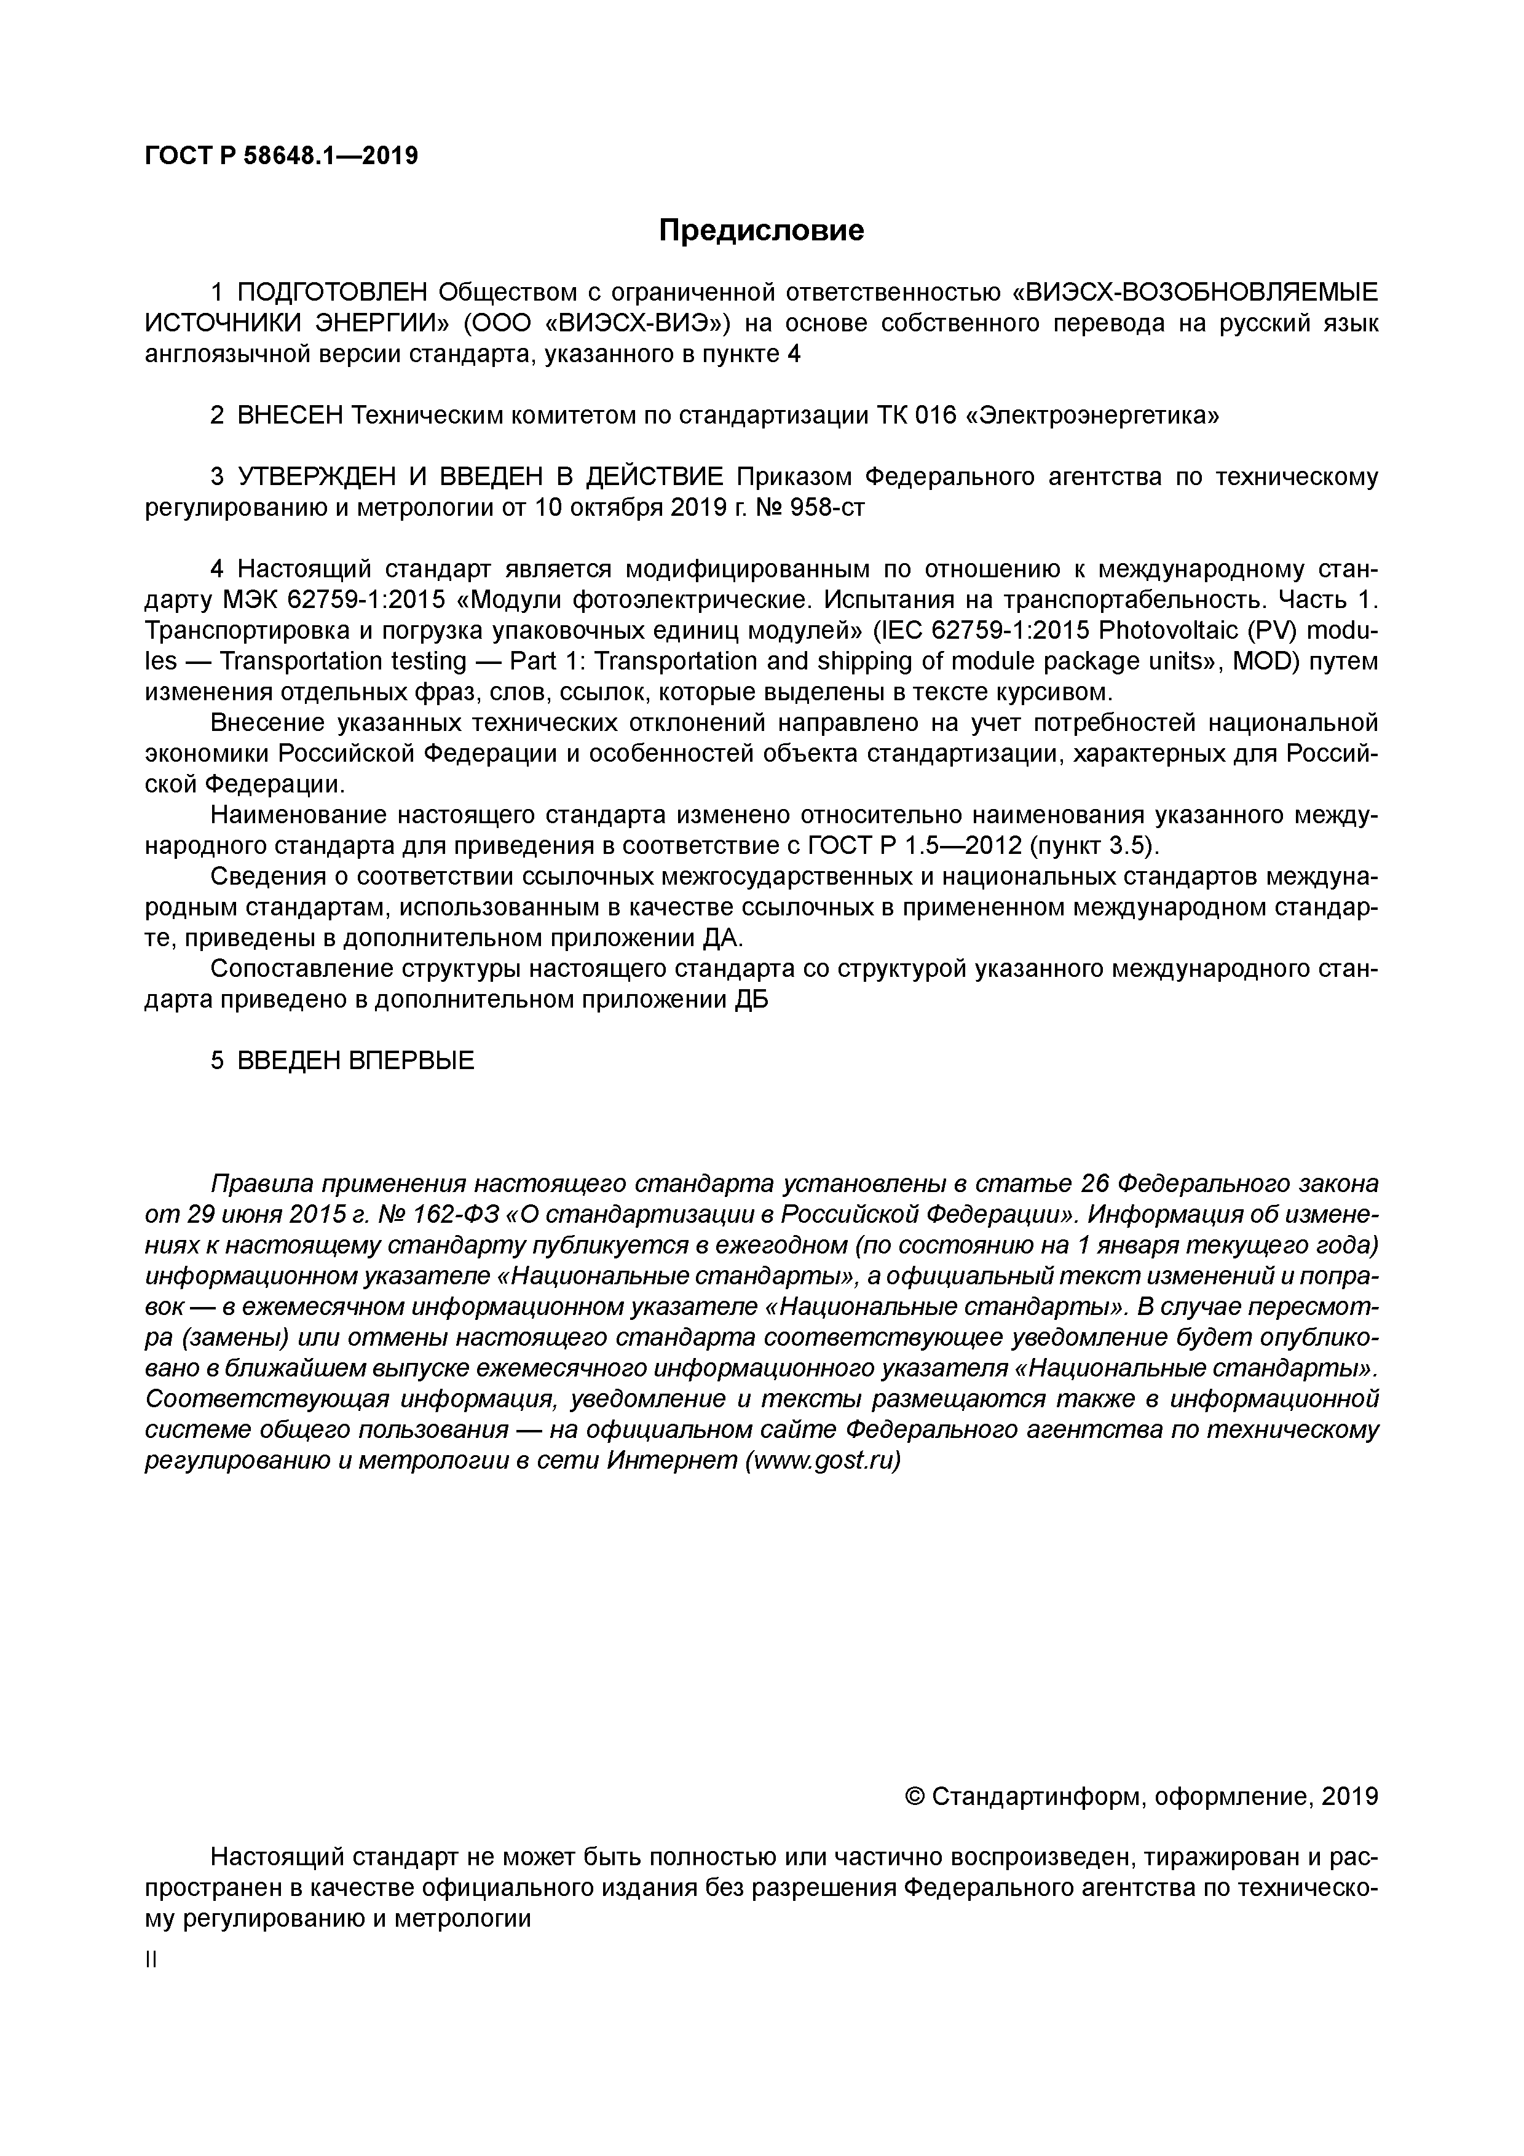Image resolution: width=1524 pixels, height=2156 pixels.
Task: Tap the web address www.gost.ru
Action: coord(821,1462)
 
